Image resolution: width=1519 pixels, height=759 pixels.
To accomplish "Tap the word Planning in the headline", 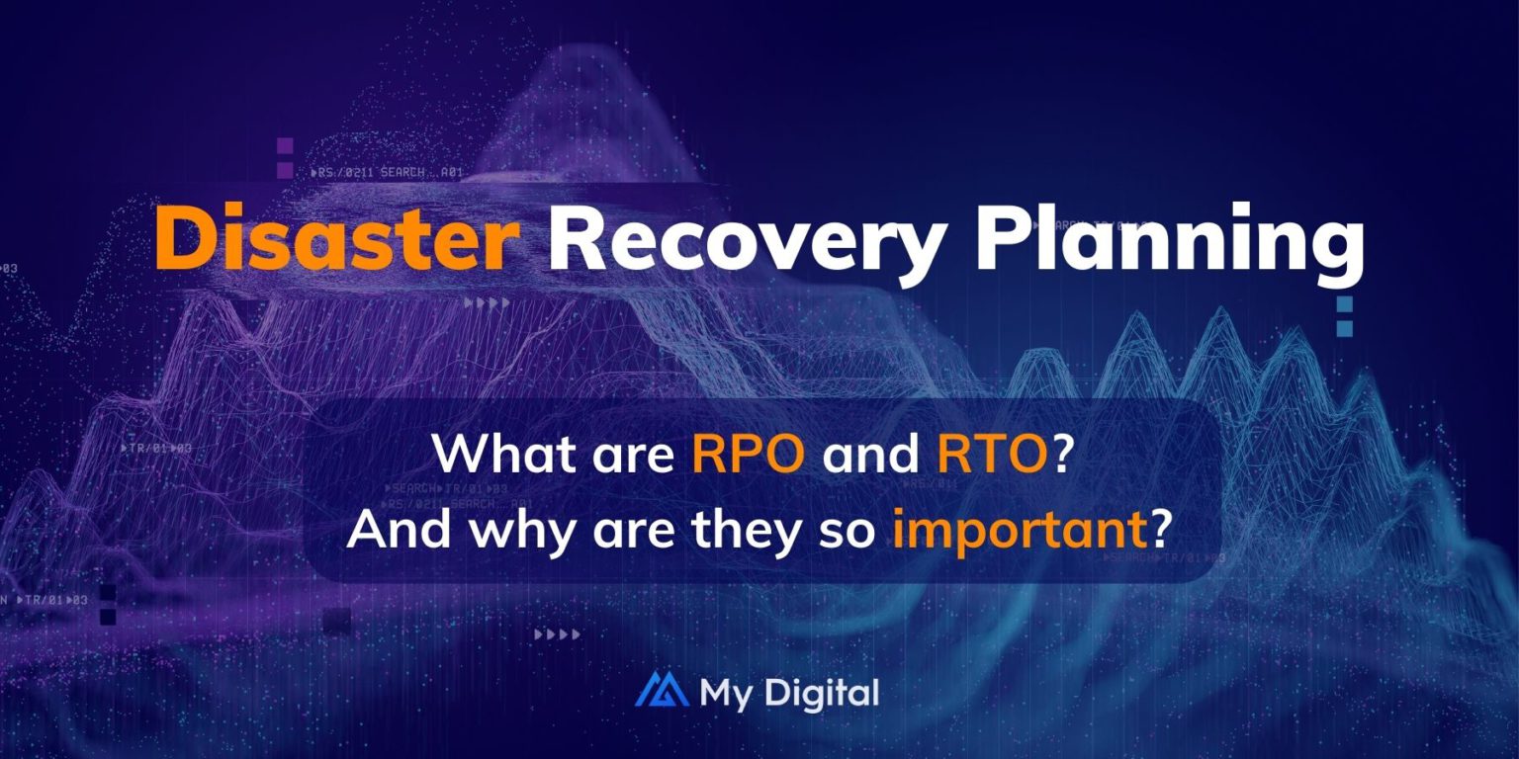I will coord(1170,241).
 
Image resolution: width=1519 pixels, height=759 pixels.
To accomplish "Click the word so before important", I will coord(852,532).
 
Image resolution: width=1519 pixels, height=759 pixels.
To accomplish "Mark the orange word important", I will coord(1017,532).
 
